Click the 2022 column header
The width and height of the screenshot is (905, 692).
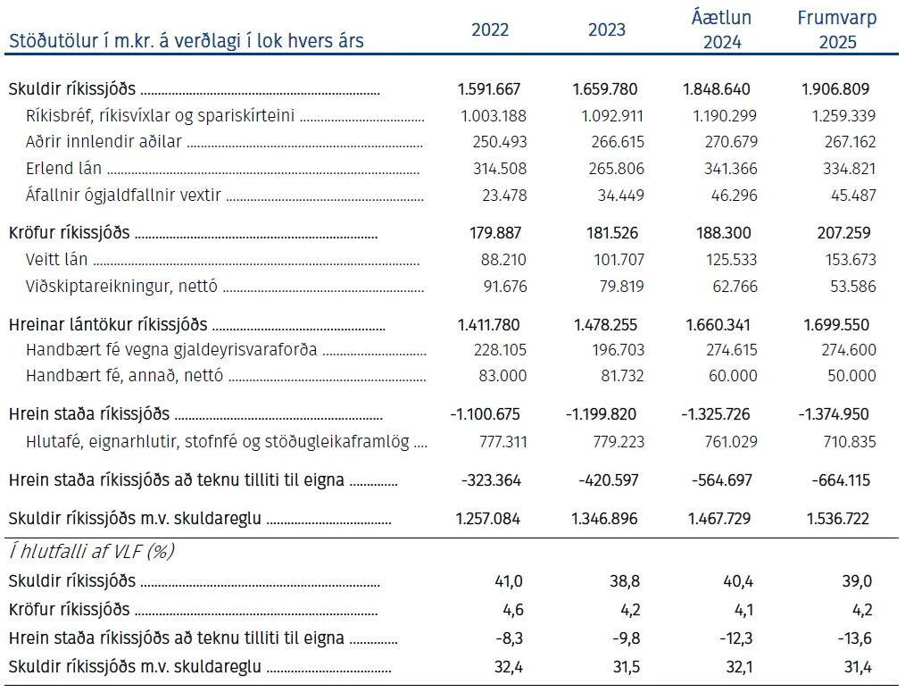(x=490, y=29)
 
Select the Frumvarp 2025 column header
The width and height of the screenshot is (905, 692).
(x=837, y=29)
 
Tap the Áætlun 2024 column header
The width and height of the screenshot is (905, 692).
(x=721, y=29)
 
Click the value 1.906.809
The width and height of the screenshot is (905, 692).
(x=835, y=89)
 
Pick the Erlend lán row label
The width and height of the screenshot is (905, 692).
(x=63, y=168)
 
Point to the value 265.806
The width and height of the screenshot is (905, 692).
(x=615, y=169)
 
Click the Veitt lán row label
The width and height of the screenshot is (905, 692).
(x=56, y=259)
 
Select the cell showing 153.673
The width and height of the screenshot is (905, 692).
(x=851, y=260)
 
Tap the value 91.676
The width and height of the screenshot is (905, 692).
(x=505, y=287)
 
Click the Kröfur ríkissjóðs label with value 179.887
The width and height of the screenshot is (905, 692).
(x=70, y=233)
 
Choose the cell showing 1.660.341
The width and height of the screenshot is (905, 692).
(x=718, y=325)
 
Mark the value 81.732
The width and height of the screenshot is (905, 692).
(x=622, y=376)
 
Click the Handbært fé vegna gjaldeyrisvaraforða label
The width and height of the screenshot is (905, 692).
(x=171, y=350)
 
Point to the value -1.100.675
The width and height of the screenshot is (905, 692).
(x=485, y=414)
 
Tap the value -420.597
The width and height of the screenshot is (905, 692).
(x=609, y=480)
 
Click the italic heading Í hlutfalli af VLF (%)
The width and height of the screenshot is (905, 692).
(x=91, y=552)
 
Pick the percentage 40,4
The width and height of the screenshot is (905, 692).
(x=738, y=581)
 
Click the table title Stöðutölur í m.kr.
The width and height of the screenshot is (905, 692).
(x=186, y=41)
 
